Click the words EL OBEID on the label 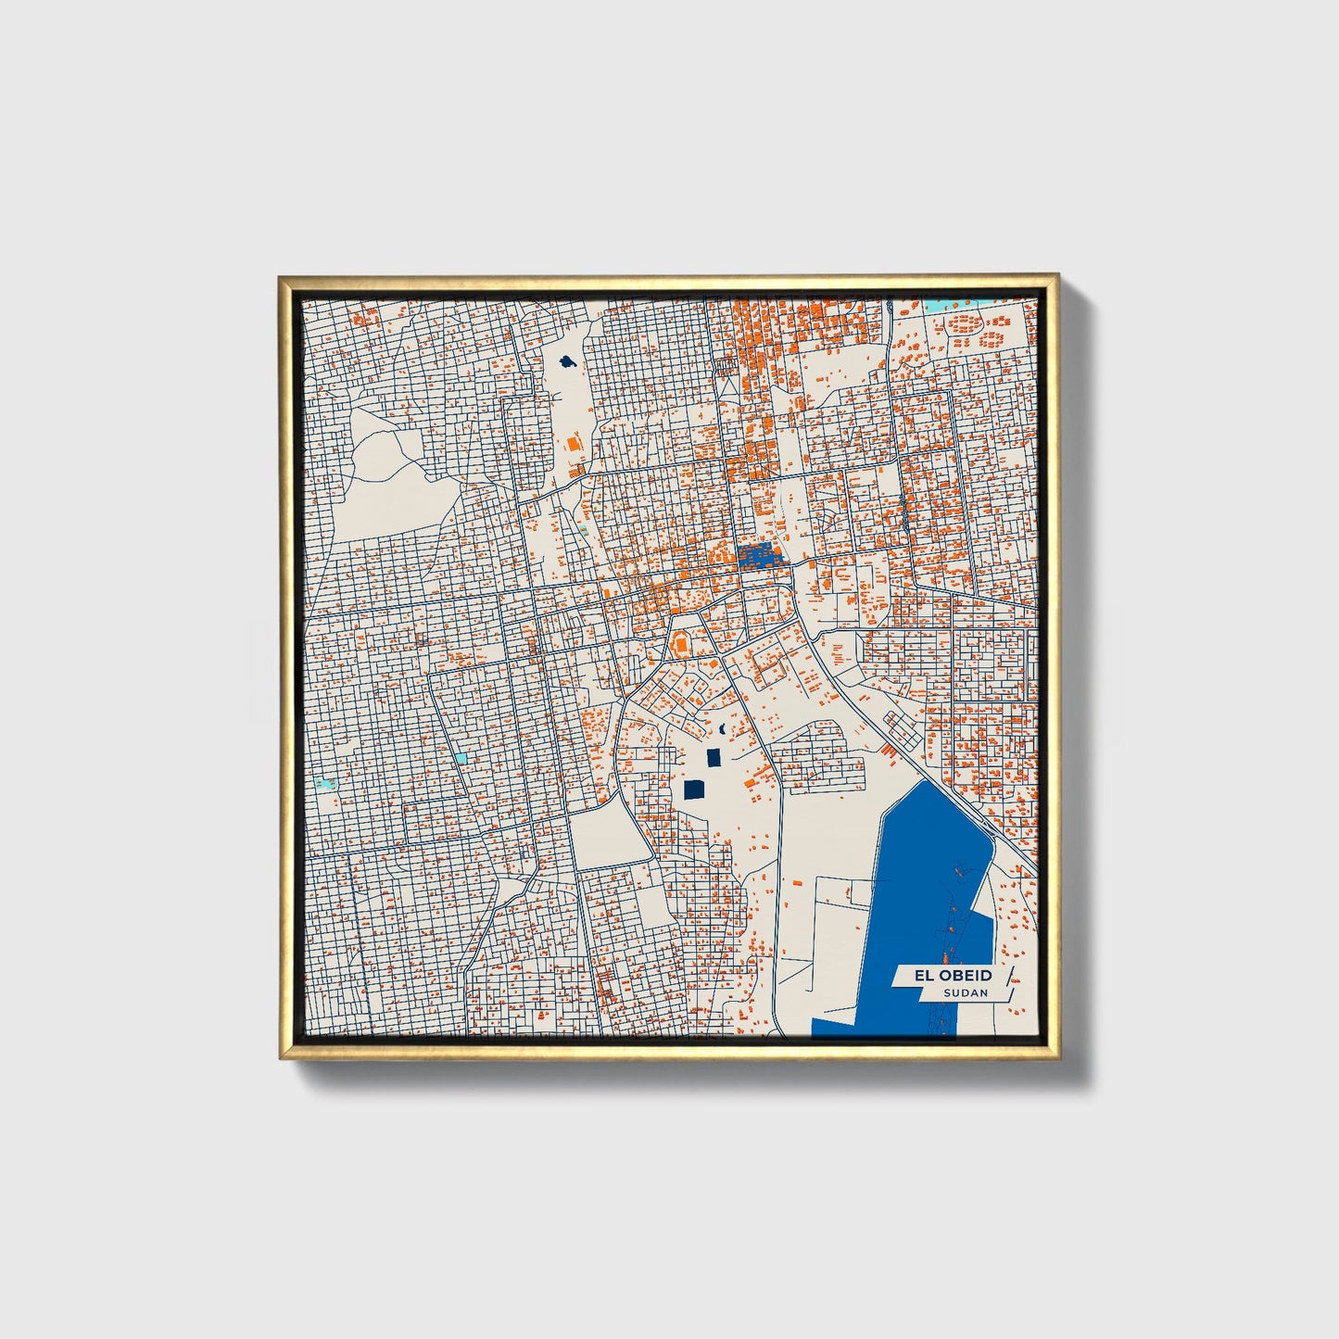[941, 975]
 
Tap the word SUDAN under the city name [966, 993]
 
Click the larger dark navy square [694, 789]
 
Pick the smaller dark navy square [713, 758]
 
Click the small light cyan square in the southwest [461, 757]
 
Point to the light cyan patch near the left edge [323, 784]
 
